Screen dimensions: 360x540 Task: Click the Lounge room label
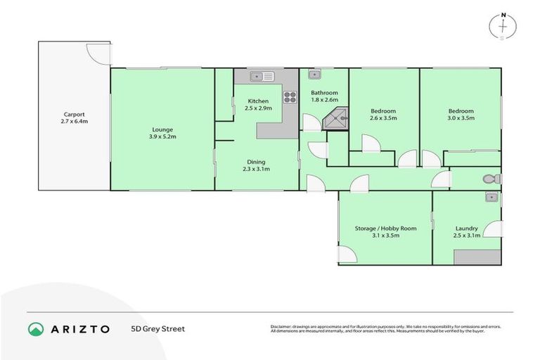[x=162, y=129]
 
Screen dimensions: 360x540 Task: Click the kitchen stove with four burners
[x=290, y=98]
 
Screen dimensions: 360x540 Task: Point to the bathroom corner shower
[x=335, y=120]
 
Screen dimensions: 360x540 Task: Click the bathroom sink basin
[x=314, y=75]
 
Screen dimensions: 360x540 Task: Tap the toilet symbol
[x=491, y=179]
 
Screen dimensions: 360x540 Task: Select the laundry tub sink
[x=491, y=198]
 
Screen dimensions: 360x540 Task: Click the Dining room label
[x=256, y=162]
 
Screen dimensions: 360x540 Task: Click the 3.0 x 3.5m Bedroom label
[x=461, y=111]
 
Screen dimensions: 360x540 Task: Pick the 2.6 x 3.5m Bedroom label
[x=383, y=111]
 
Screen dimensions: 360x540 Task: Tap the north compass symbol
[x=503, y=25]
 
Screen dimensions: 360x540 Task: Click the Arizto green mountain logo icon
[x=36, y=328]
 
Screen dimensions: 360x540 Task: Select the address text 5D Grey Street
[x=157, y=328]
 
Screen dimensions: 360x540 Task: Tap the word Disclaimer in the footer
[x=282, y=326]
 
